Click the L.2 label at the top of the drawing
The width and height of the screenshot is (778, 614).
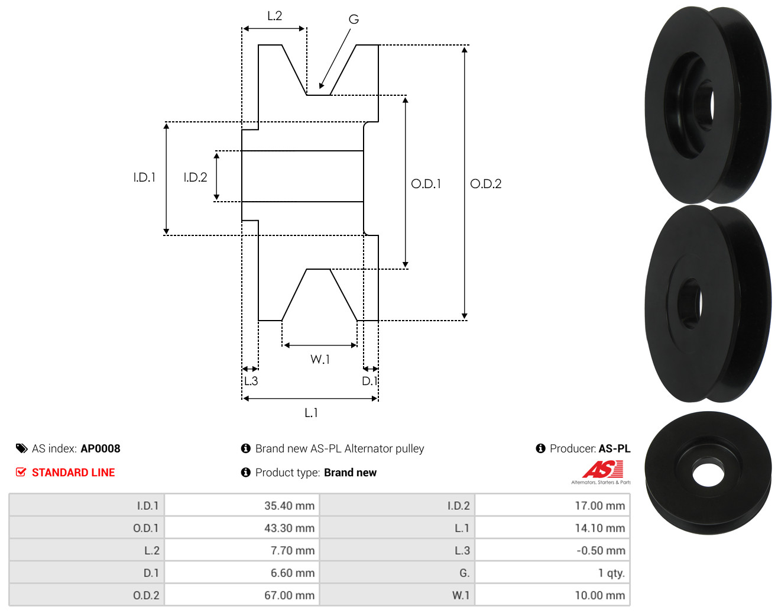click(x=274, y=16)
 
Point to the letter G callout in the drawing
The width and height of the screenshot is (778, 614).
click(x=354, y=19)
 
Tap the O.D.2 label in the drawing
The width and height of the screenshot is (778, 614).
click(x=485, y=184)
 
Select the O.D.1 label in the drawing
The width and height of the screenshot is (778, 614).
click(x=426, y=184)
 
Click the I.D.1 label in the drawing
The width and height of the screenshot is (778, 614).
click(x=144, y=177)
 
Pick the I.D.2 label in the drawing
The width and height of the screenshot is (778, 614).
click(x=195, y=177)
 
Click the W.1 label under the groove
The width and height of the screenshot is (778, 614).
click(x=320, y=359)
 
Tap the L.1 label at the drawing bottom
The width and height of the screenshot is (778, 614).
click(x=311, y=412)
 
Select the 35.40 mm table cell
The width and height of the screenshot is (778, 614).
click(x=289, y=505)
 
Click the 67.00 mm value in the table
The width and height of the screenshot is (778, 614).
click(x=289, y=595)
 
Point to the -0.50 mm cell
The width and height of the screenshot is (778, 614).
click(x=601, y=550)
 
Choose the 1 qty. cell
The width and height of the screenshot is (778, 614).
click(x=611, y=573)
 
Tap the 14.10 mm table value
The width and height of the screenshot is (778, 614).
click(x=600, y=528)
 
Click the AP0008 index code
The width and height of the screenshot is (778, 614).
click(x=101, y=448)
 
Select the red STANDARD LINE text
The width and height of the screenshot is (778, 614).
click(x=73, y=473)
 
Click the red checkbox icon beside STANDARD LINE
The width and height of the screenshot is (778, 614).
click(x=21, y=472)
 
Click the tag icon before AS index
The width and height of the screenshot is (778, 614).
click(x=22, y=448)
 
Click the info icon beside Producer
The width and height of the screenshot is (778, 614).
click(x=540, y=448)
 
